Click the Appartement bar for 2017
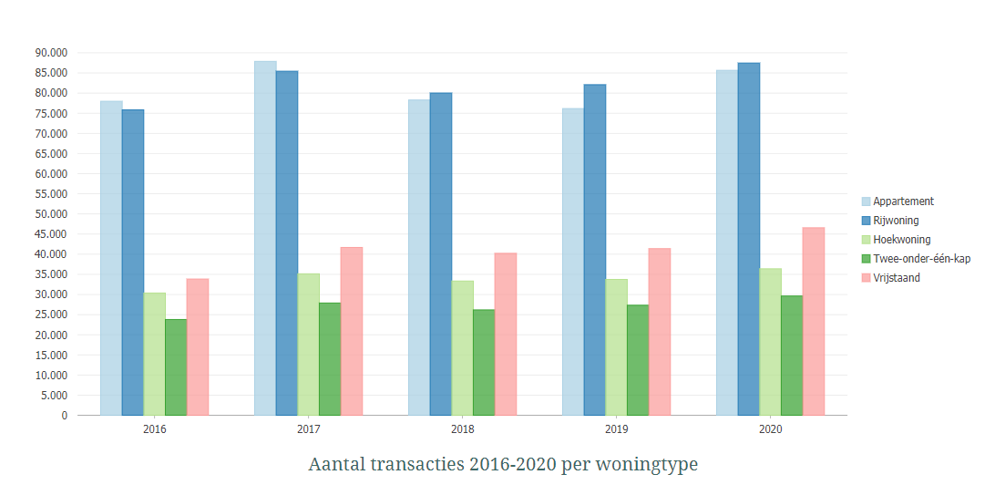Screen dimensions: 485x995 [265, 238]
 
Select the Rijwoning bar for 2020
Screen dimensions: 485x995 [749, 239]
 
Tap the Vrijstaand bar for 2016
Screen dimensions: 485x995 [198, 346]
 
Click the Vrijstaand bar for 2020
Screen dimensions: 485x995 [814, 321]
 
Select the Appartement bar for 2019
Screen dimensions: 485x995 [573, 262]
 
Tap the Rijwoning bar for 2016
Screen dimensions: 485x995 [133, 263]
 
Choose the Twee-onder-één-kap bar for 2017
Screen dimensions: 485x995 [330, 358]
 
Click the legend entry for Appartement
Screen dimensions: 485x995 [903, 201]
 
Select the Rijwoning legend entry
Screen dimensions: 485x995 [896, 221]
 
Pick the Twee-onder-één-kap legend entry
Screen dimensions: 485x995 [921, 259]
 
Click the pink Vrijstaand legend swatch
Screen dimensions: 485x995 [866, 278]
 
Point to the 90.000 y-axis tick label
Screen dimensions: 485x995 [51, 53]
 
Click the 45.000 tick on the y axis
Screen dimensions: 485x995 [51, 234]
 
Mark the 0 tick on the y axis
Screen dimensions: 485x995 [64, 416]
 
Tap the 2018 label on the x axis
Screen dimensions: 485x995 [462, 428]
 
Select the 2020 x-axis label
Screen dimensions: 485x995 [770, 428]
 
